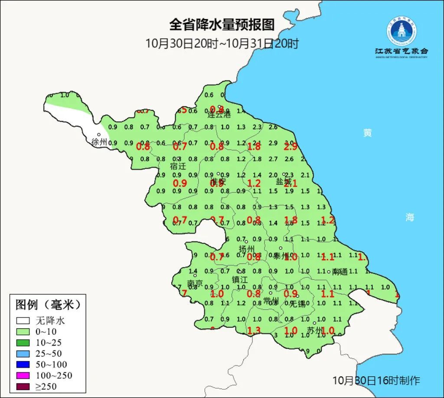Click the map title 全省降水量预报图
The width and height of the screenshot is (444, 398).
coord(222,25)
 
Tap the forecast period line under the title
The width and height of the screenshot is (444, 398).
coord(222,43)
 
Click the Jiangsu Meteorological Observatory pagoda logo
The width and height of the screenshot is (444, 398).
coord(402,31)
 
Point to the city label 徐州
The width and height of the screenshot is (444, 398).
coord(99,142)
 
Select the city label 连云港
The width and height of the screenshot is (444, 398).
coord(219,115)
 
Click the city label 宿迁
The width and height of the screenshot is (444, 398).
coord(178,166)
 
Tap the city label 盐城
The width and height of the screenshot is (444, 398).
coord(283,182)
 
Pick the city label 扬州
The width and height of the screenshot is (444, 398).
coord(247,249)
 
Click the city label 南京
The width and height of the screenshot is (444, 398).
coord(195,284)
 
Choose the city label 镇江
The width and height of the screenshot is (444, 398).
coord(239,280)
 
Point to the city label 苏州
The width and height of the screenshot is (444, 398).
coord(315,331)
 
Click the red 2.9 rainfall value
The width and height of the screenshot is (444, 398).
coord(291,146)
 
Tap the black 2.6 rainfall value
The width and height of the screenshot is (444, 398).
coord(273,127)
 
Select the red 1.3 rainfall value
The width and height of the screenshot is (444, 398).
coord(254,331)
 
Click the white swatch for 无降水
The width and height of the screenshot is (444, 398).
coord(23,321)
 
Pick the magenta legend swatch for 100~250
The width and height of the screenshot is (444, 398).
coord(23,375)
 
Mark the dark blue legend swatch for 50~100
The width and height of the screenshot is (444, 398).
coord(23,365)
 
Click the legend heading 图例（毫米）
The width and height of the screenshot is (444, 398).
coord(48,305)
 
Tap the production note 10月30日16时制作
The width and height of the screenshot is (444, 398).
coord(376,381)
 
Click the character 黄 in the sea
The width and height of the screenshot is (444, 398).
coord(368,133)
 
